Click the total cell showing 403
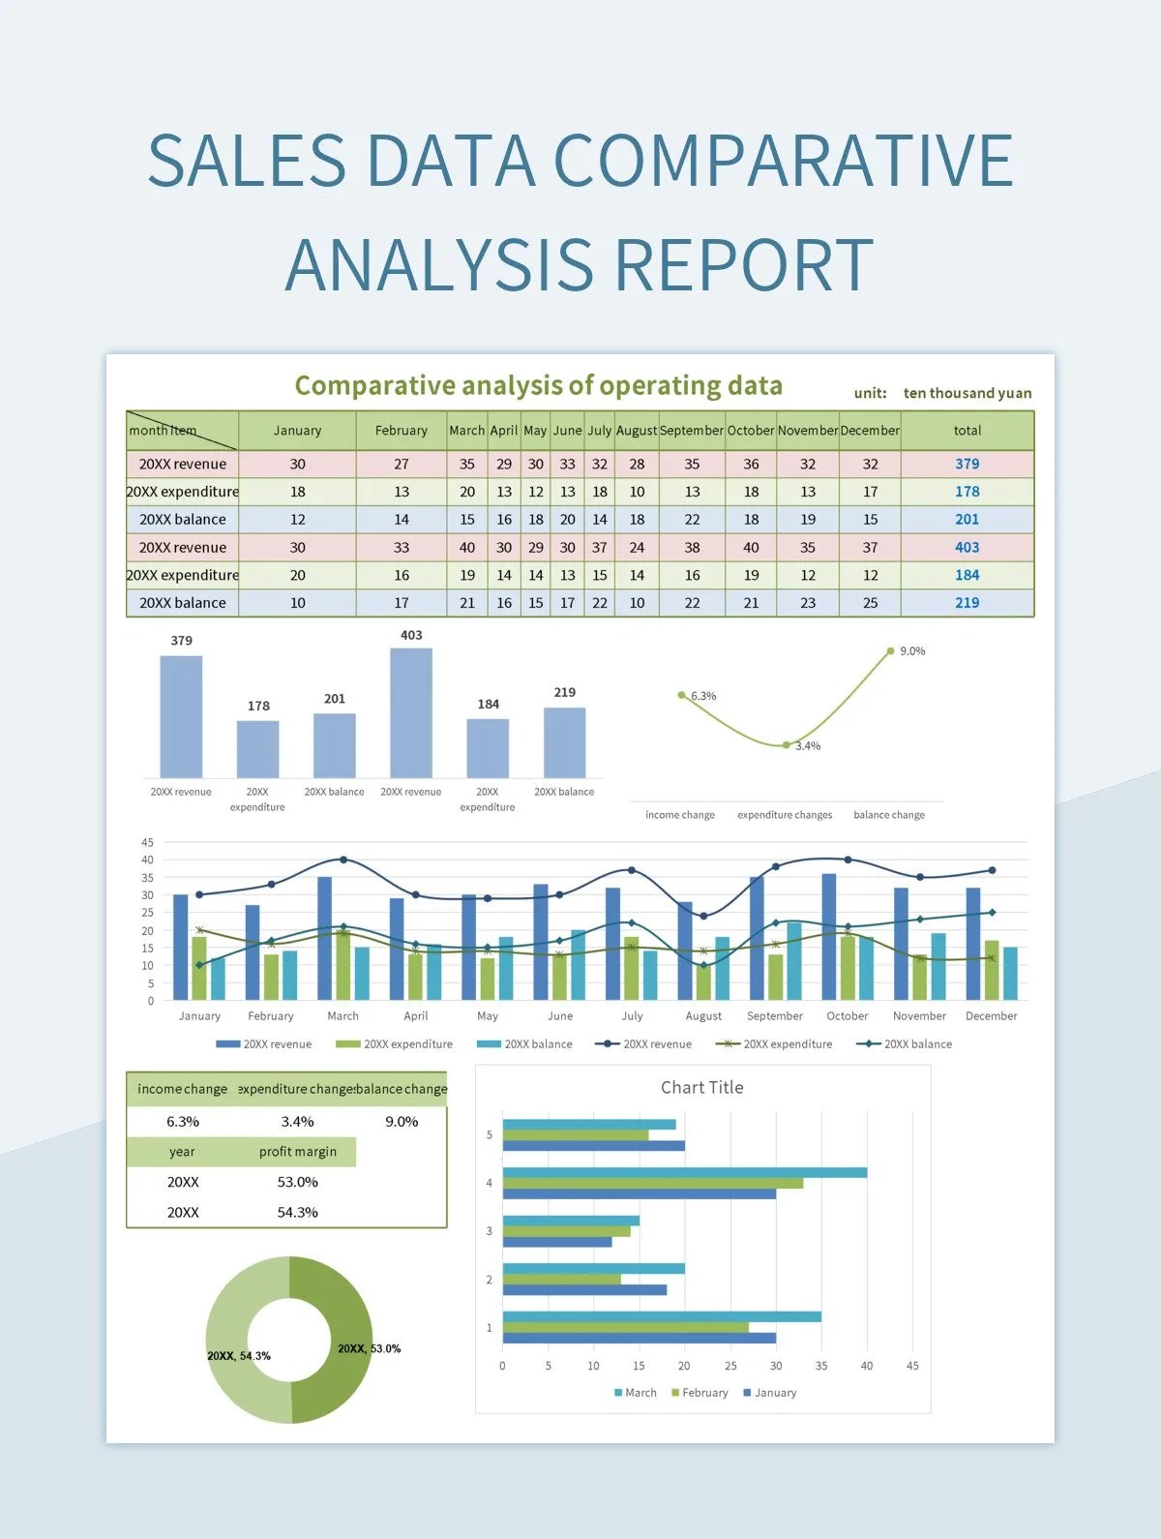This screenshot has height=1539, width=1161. click(967, 547)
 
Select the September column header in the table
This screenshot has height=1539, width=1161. click(691, 431)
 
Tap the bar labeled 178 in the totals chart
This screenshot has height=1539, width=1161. click(257, 748)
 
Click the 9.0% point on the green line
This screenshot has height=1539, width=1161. click(891, 651)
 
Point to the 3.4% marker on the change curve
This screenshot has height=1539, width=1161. click(786, 744)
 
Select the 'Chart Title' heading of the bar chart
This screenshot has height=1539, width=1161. click(701, 1087)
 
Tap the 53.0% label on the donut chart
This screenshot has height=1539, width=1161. click(369, 1348)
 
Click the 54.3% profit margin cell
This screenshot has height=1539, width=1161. click(297, 1212)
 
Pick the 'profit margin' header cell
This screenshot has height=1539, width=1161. click(297, 1152)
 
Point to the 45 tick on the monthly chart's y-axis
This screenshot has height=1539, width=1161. click(147, 842)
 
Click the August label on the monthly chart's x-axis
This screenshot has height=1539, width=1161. click(703, 1016)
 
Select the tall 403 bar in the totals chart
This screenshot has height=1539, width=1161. click(411, 712)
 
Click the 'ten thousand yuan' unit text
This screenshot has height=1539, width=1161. click(967, 393)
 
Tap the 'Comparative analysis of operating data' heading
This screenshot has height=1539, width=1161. click(538, 385)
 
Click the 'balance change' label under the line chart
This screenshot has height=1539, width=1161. click(888, 815)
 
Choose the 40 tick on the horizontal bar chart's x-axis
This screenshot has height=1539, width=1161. click(866, 1366)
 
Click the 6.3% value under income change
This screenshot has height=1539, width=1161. click(182, 1122)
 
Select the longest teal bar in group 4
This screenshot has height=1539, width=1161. click(684, 1172)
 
